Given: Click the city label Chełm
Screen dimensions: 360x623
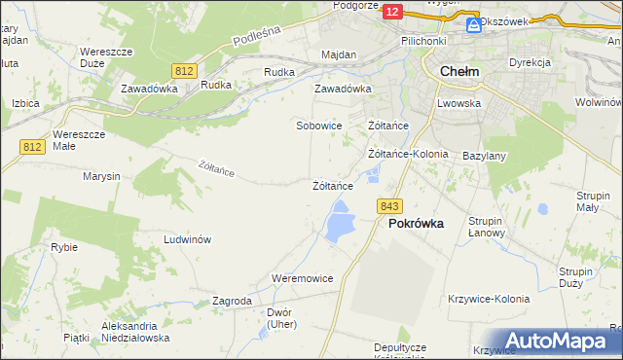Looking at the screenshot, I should (458, 71).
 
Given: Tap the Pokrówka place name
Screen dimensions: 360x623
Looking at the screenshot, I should (416, 223).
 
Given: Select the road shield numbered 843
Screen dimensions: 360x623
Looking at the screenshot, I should (390, 206).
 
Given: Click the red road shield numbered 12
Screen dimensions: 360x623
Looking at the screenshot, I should (391, 11).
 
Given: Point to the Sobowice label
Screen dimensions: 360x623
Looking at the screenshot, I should (319, 126).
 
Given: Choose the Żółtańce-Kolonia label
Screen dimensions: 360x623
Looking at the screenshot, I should (408, 154).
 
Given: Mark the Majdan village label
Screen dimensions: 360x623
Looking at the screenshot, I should (339, 55).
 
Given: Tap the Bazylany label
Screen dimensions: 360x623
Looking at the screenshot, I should (484, 156).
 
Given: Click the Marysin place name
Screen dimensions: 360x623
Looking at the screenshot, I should (101, 177).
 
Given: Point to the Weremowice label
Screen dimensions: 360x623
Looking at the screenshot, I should (303, 278).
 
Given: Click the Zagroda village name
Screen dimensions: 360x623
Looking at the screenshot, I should (232, 302).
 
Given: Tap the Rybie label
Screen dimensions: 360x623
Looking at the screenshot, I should (64, 247).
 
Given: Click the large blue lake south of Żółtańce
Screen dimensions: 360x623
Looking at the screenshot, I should (340, 225).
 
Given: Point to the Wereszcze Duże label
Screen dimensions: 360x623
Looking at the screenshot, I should (106, 56).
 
